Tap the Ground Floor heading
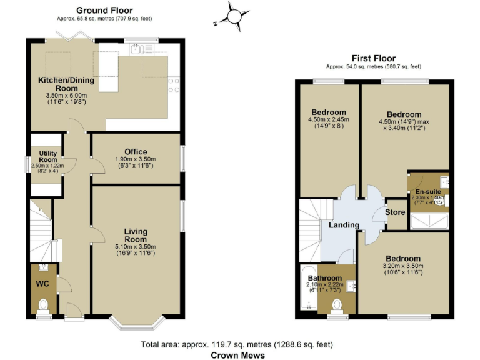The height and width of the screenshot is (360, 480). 104,11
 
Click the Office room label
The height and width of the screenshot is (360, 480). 136,152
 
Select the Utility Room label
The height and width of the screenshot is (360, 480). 48,156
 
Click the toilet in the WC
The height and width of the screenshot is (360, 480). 43,306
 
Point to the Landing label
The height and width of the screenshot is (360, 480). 344,225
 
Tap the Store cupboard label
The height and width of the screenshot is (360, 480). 395,212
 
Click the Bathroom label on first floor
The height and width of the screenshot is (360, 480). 325,278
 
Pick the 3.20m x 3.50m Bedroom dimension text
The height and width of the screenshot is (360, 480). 403,266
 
